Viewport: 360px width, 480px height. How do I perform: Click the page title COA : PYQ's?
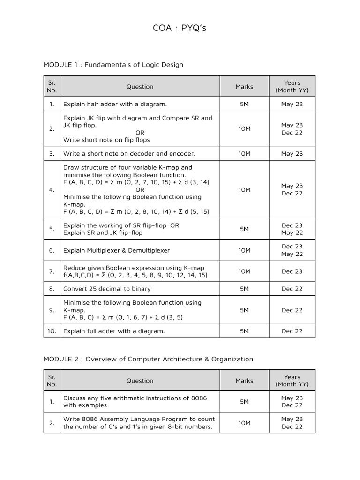click(180, 28)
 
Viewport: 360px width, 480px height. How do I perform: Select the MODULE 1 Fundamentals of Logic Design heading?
click(113, 65)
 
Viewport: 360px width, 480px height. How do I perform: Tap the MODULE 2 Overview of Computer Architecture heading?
click(148, 359)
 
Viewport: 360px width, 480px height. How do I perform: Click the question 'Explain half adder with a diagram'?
click(115, 104)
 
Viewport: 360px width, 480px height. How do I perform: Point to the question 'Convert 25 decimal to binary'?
click(107, 289)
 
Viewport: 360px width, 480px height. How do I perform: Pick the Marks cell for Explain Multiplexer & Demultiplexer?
click(244, 250)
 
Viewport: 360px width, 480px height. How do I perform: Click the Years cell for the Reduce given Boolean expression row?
click(292, 271)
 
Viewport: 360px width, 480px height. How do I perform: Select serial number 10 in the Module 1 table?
click(52, 331)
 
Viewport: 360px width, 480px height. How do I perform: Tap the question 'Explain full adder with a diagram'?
click(114, 331)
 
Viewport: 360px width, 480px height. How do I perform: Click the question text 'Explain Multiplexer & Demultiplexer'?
click(117, 250)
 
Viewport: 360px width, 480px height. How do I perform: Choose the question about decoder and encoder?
click(129, 154)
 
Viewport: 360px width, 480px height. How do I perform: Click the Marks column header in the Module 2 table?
click(244, 381)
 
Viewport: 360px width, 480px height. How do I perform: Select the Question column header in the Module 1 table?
click(140, 87)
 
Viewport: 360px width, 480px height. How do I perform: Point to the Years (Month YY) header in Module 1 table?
click(292, 87)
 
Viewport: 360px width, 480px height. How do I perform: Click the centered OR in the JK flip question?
click(140, 133)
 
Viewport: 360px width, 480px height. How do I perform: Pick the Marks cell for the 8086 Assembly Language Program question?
click(244, 423)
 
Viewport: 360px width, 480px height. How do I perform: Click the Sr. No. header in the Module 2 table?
click(52, 381)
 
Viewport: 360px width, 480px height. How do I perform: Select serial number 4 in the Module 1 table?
click(52, 190)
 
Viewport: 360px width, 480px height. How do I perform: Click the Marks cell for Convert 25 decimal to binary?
click(244, 289)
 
